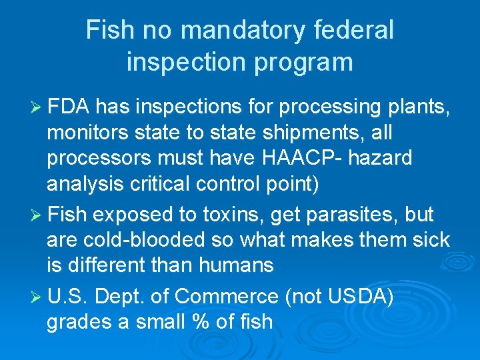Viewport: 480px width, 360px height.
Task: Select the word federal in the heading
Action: pyautogui.click(x=354, y=30)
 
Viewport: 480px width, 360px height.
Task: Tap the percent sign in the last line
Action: pyautogui.click(x=198, y=321)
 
